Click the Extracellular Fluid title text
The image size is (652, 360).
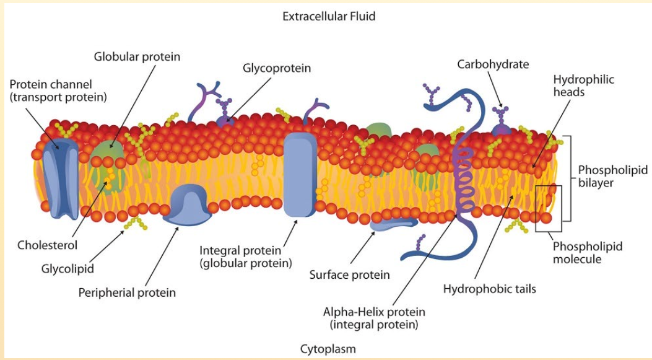tap(329, 16)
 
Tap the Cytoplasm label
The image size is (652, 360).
tap(328, 348)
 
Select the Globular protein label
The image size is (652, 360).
tap(137, 57)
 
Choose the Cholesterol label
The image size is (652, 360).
tap(48, 245)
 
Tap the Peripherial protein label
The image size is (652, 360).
tap(127, 292)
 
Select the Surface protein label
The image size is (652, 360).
tap(349, 274)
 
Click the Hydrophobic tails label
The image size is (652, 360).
tap(490, 288)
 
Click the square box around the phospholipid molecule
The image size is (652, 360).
tap(549, 208)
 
